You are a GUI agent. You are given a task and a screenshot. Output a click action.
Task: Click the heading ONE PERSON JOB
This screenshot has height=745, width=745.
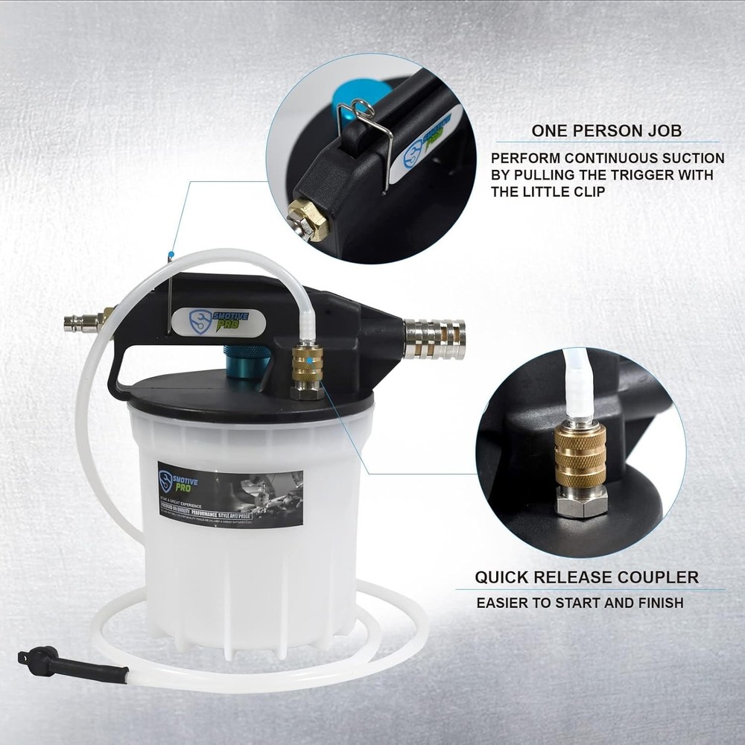click(x=606, y=131)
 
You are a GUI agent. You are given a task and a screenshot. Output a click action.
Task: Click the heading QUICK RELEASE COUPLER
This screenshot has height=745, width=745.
click(x=587, y=577)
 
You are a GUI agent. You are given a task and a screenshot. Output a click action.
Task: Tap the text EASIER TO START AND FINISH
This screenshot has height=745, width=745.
click(x=580, y=603)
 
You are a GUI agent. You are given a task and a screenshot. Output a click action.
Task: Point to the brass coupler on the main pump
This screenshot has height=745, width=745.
click(x=307, y=362)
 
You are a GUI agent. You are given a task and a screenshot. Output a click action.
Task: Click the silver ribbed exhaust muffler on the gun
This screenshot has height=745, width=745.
click(x=435, y=339)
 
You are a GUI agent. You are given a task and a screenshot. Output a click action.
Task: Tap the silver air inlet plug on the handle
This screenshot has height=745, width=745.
click(x=83, y=322)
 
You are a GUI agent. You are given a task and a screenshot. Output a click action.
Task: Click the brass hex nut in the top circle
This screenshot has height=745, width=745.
click(x=308, y=218)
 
